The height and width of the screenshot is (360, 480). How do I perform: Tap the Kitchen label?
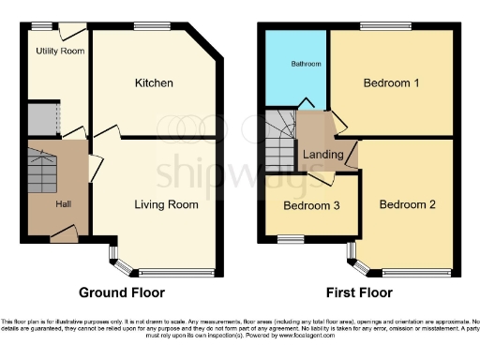pos(153,83)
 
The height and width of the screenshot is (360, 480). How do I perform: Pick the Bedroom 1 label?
pos(391,83)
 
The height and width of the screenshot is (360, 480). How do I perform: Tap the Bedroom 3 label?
pos(311,205)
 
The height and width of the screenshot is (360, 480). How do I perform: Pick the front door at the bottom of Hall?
pos(63,241)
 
